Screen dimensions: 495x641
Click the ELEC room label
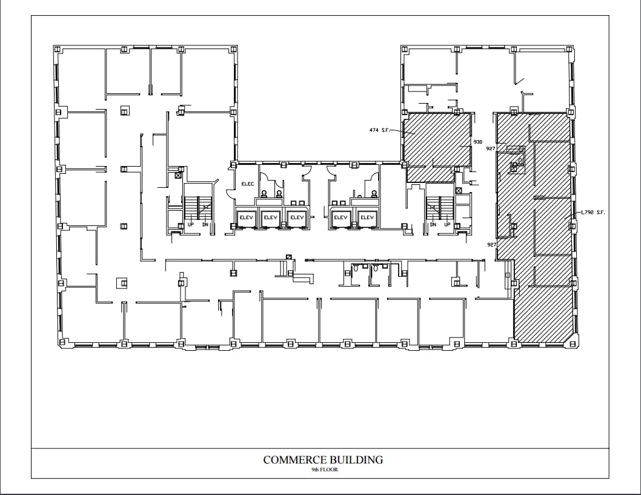click(x=247, y=184)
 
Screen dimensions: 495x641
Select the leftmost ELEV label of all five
click(x=246, y=217)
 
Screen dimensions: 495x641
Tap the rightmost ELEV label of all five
click(x=367, y=217)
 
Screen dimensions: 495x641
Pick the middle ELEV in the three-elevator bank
click(x=270, y=217)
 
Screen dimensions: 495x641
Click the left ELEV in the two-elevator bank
click(x=340, y=217)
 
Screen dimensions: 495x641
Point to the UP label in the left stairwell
click(x=190, y=224)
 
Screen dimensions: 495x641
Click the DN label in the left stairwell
click(x=205, y=224)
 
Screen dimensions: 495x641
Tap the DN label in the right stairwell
click(x=433, y=224)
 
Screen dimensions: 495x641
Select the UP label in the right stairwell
click(x=447, y=224)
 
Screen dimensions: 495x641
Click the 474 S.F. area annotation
click(x=379, y=130)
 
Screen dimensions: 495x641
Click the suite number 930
click(x=478, y=142)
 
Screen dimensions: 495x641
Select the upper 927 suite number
click(x=491, y=148)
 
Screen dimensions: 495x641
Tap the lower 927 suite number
click(x=491, y=244)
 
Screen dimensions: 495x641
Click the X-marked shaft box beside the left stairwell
click(x=178, y=176)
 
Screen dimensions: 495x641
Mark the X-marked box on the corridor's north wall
click(x=289, y=257)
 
